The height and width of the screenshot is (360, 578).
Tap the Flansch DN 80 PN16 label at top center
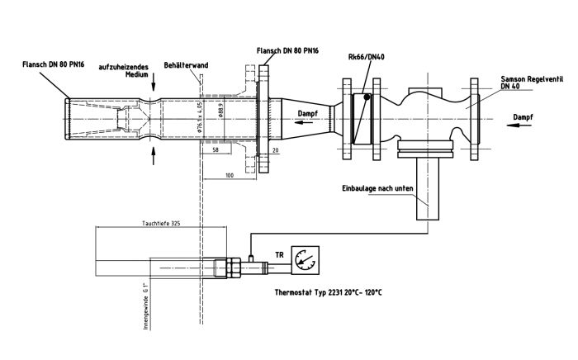291,51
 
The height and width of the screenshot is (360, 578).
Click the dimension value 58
216,152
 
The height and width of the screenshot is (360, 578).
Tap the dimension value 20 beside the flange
275,152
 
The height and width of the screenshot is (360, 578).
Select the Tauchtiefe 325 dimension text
162,224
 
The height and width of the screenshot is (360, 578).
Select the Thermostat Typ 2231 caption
334,292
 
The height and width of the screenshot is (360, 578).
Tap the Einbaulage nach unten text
377,189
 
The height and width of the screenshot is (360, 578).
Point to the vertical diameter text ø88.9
220,109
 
